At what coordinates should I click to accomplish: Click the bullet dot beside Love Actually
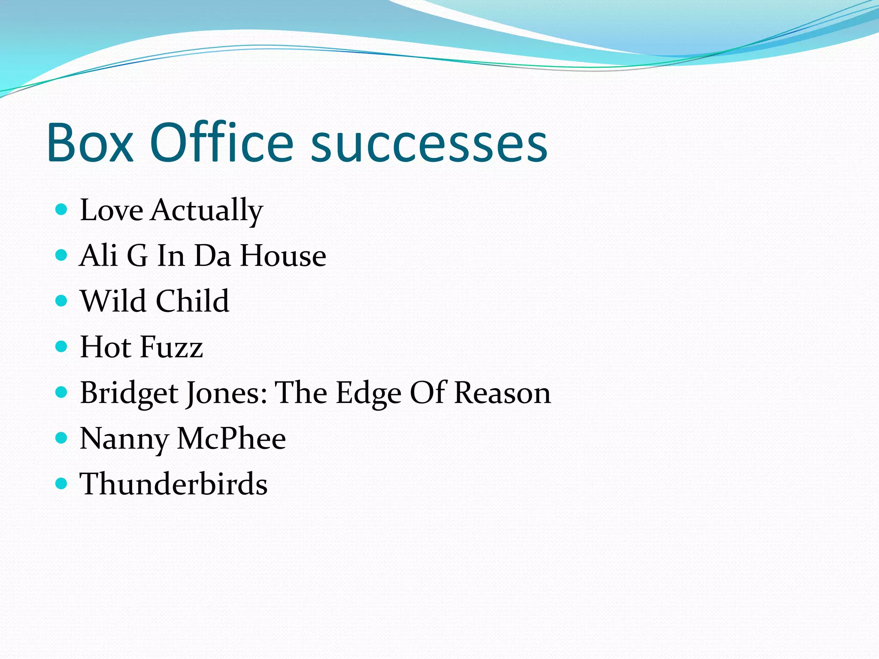click(x=62, y=209)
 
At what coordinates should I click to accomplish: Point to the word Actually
click(x=206, y=211)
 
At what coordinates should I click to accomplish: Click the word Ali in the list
click(x=98, y=256)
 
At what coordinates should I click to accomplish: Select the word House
click(x=283, y=256)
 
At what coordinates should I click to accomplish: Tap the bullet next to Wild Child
click(x=62, y=300)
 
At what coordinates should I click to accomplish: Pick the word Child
click(x=192, y=301)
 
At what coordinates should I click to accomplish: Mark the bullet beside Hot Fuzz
click(x=62, y=346)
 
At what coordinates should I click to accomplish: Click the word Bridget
click(x=129, y=393)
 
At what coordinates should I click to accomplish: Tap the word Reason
click(x=502, y=393)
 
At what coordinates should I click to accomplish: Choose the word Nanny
click(x=124, y=440)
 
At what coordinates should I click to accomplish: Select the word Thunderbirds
click(x=173, y=484)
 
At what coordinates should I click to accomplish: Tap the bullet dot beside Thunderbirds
click(x=62, y=484)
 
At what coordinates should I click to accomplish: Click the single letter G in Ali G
click(x=137, y=256)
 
